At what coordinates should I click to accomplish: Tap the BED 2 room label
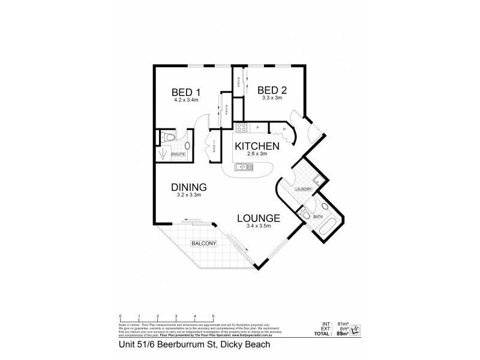click(272, 90)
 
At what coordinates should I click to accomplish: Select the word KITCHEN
click(257, 146)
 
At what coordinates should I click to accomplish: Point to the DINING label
click(188, 187)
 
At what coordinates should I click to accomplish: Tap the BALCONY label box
click(200, 244)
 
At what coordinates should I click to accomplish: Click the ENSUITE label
click(179, 155)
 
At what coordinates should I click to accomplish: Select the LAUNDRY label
click(302, 190)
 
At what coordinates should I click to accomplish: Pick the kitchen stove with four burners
click(241, 127)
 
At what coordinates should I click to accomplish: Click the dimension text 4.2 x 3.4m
click(185, 100)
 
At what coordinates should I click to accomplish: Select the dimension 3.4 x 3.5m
click(259, 226)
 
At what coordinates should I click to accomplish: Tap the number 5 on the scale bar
click(213, 316)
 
